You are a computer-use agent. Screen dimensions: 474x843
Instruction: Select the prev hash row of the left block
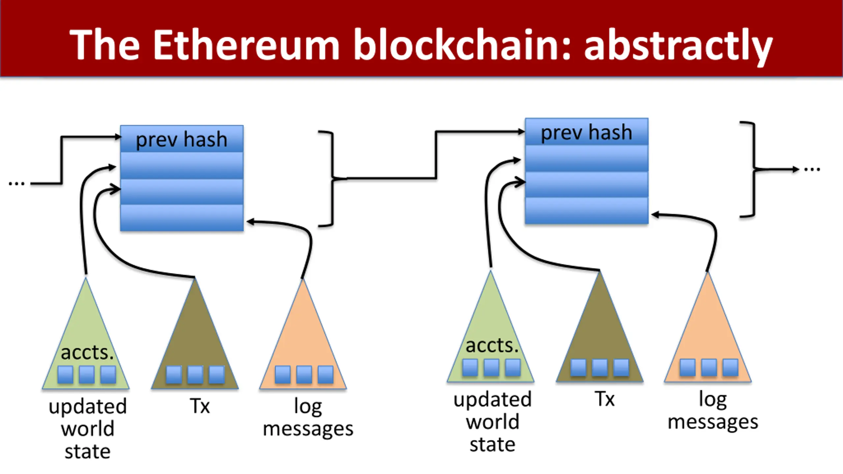182,139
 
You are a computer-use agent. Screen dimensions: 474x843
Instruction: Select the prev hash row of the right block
586,132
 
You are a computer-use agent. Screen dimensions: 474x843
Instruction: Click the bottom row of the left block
182,218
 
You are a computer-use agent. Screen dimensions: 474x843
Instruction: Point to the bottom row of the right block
586,211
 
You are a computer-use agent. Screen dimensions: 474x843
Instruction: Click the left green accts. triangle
86,332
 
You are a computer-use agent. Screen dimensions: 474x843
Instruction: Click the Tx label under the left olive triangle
200,406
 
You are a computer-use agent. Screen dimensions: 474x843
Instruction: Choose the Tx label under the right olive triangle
605,399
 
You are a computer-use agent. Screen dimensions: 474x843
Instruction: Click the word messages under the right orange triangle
713,422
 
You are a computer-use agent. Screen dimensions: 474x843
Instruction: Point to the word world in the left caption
88,429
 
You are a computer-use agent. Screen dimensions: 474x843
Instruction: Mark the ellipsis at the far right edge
812,170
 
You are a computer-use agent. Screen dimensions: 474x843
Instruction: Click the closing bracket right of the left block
331,179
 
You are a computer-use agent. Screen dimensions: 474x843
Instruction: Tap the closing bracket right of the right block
752,169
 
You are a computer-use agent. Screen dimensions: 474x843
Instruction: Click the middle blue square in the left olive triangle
195,375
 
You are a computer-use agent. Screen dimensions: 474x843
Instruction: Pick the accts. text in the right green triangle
492,346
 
